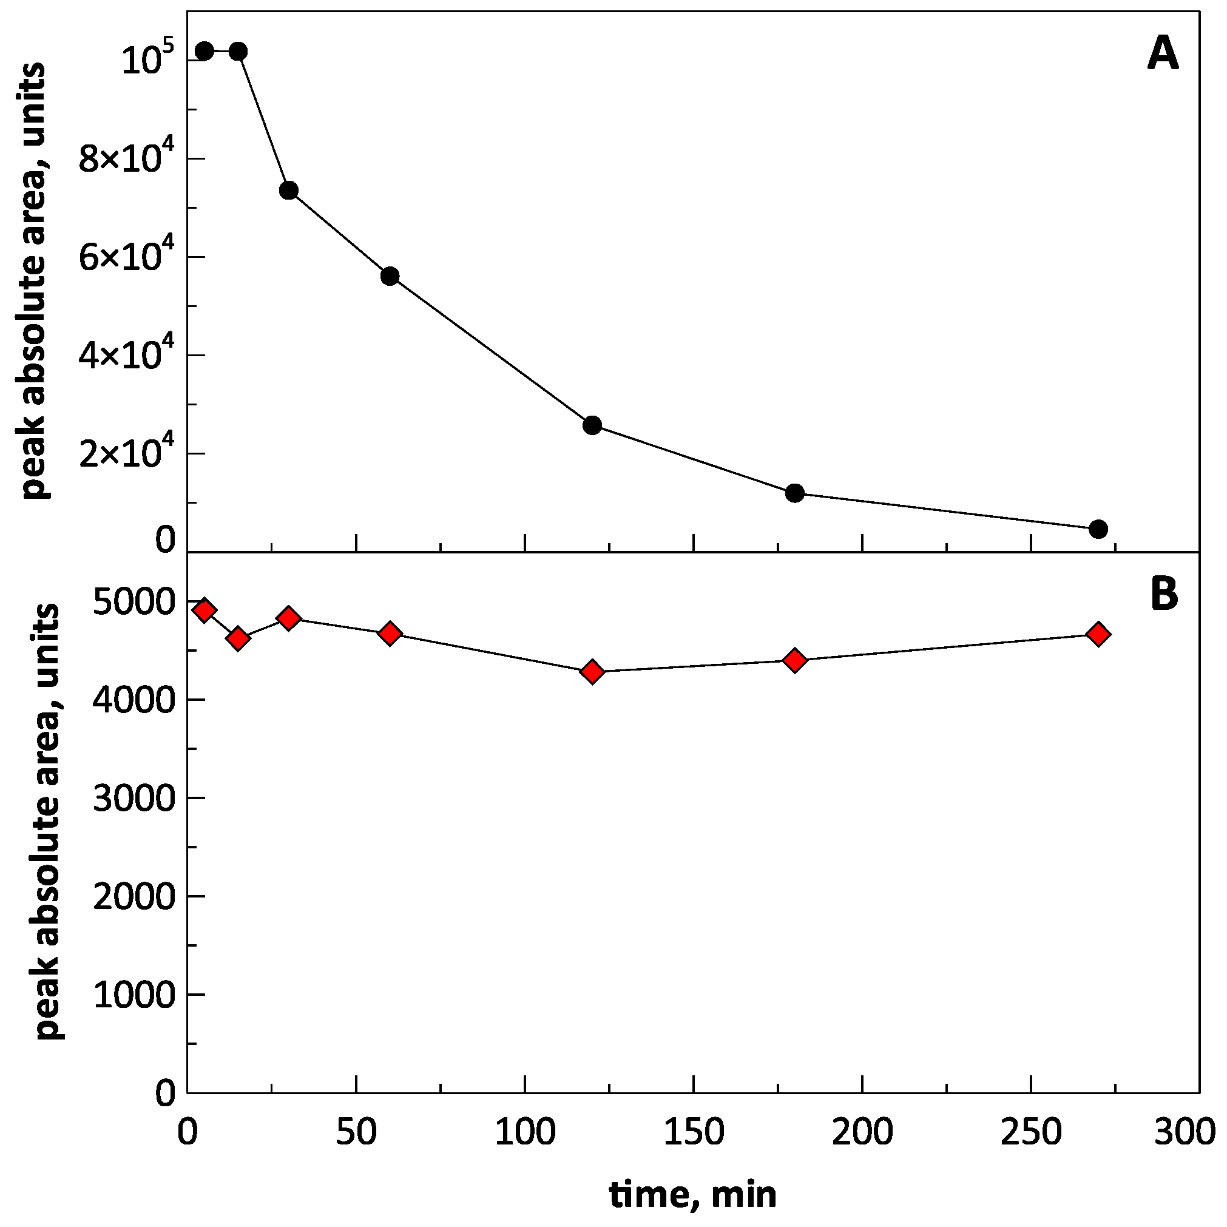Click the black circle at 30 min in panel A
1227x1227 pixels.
[288, 190]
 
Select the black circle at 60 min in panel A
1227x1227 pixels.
[390, 275]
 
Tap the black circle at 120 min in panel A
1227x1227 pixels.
[592, 425]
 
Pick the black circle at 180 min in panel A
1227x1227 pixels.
[794, 493]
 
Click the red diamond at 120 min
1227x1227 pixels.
[592, 672]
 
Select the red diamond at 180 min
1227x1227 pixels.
[794, 660]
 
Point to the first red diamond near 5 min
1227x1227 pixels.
[204, 610]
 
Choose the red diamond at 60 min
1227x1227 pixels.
[390, 633]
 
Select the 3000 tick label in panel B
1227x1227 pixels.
[134, 799]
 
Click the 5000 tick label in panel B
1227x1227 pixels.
[134, 601]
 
